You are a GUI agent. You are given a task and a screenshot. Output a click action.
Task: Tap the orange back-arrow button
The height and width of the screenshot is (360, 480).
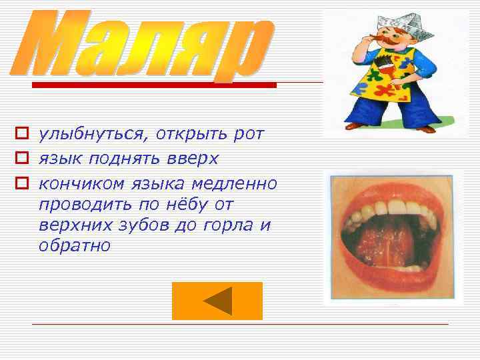[x=217, y=301]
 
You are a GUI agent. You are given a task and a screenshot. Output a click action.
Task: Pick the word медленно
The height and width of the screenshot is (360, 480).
[x=238, y=182]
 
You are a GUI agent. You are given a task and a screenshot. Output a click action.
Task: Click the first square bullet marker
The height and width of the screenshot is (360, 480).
[x=21, y=135]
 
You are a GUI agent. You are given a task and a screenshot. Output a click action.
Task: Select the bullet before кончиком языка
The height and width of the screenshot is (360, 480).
[x=21, y=182]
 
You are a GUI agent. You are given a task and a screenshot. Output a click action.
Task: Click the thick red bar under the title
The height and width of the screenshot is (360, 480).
[x=154, y=85]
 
